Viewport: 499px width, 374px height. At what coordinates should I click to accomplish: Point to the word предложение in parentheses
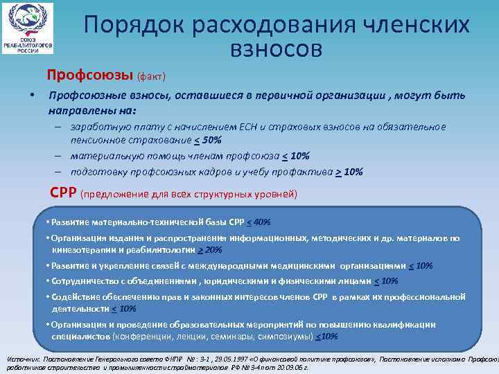click(117, 195)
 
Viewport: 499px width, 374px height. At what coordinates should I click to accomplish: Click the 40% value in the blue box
click(261, 222)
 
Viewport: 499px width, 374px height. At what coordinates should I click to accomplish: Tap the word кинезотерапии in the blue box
click(81, 249)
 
